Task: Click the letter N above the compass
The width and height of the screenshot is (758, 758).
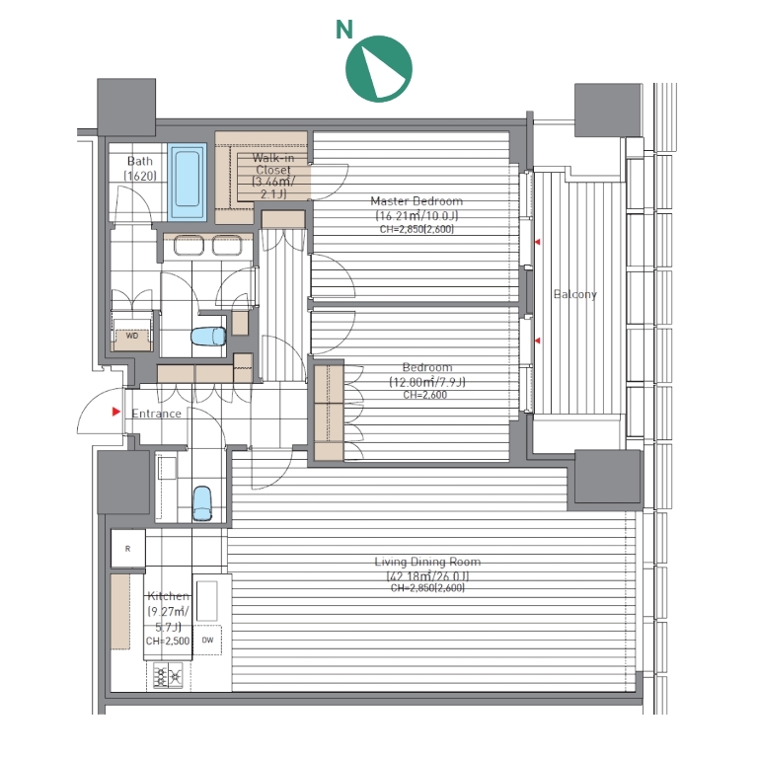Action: (x=344, y=30)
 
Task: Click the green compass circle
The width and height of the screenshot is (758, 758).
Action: (x=379, y=69)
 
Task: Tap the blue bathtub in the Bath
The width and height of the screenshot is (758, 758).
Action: (x=188, y=183)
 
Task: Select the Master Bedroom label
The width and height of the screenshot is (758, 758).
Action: (x=417, y=200)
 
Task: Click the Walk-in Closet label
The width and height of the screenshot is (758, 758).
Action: (x=273, y=164)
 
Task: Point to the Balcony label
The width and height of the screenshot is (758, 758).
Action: (x=574, y=294)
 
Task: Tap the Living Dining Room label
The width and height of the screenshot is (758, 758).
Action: (x=427, y=562)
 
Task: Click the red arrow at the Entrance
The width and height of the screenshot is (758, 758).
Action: (x=116, y=412)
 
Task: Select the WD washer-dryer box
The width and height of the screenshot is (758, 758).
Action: (x=132, y=336)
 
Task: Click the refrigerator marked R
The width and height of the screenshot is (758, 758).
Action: (x=128, y=549)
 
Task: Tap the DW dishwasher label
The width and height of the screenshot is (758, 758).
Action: (x=207, y=640)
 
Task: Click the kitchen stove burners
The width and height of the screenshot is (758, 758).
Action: (x=168, y=675)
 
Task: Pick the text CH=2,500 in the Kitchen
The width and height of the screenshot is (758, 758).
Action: (x=167, y=641)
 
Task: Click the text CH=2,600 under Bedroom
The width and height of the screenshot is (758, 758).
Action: (x=425, y=395)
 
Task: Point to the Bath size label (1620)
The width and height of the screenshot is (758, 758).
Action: (x=140, y=176)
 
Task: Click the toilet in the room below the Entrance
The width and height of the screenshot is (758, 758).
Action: (x=202, y=503)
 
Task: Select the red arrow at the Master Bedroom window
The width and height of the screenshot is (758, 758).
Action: (x=537, y=242)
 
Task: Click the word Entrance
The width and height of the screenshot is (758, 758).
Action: (x=156, y=414)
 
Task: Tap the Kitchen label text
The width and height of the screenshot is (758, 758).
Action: (x=168, y=596)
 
